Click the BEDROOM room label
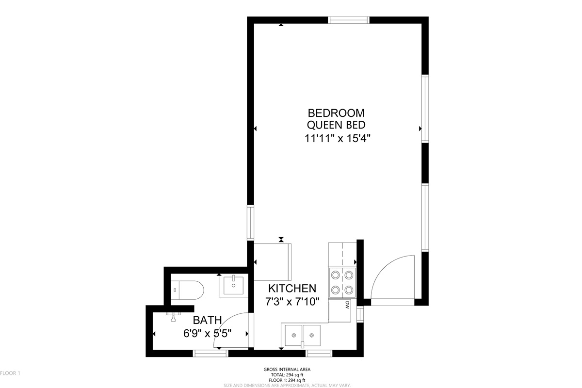336,113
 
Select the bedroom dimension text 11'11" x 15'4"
337,139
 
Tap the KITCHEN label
292,289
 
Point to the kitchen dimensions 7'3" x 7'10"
292,302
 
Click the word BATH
207,320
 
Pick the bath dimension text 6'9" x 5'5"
207,333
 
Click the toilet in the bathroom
187,290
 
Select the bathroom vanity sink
233,286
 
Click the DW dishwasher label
347,305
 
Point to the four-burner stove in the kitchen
342,282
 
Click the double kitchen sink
303,335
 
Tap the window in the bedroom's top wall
348,20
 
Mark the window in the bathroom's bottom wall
210,354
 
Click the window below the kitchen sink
319,354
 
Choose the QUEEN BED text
336,125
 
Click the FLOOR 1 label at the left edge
10,373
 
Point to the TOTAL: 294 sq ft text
287,375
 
